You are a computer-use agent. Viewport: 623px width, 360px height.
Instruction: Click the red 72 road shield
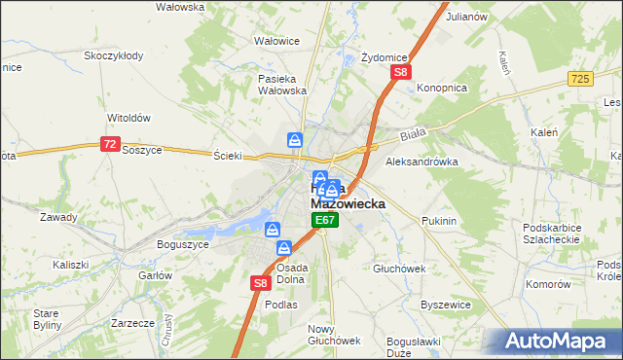pos(109,143)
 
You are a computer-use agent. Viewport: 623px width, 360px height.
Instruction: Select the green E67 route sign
pos(325,223)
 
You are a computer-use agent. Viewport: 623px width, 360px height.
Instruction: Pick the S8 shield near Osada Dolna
pos(260,283)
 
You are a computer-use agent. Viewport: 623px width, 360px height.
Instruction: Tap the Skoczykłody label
pos(114,55)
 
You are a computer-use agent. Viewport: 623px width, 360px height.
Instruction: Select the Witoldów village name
pos(128,118)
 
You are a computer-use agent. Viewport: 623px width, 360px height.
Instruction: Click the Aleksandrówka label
pos(422,162)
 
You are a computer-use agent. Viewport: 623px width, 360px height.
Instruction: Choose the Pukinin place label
pos(439,222)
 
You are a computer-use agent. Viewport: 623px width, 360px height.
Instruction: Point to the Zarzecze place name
pos(133,322)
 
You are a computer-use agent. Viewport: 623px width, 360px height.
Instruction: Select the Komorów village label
pos(547,284)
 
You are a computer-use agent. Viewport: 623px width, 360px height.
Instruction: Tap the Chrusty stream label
pos(168,322)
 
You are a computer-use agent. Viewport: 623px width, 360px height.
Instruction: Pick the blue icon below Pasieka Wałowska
pos(294,141)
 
